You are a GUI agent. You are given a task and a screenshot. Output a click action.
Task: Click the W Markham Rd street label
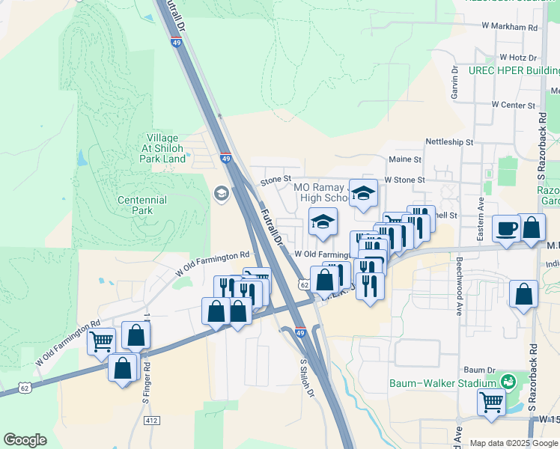tap(510, 27)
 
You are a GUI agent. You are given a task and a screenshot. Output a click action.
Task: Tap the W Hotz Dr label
tap(518, 58)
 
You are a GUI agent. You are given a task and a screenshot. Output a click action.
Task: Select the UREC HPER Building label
tap(514, 70)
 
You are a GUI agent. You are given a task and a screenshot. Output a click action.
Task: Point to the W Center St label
tap(519, 106)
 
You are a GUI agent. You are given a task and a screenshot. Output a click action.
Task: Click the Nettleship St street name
tap(449, 141)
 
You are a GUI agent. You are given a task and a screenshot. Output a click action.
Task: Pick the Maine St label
tap(406, 159)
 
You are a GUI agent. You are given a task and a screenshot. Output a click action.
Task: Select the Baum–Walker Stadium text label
tap(442, 383)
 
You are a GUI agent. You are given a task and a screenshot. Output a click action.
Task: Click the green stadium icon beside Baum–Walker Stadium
tap(509, 382)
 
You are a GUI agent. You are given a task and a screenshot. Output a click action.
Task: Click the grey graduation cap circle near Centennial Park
tap(221, 195)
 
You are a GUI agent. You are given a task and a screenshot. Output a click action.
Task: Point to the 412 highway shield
tap(152, 421)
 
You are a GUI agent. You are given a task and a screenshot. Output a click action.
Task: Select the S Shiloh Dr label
tap(305, 379)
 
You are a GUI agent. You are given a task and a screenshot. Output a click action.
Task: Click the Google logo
tap(25, 440)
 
